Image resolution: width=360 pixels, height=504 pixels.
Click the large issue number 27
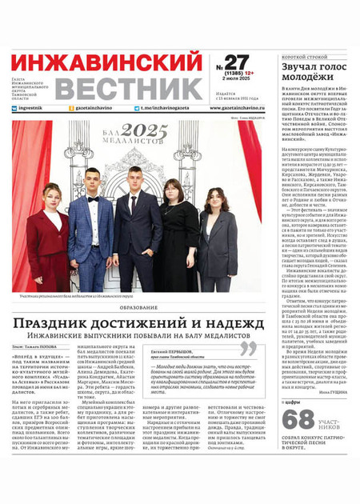coord(237,62)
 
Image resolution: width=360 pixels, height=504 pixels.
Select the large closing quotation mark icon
coord(249,349)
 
